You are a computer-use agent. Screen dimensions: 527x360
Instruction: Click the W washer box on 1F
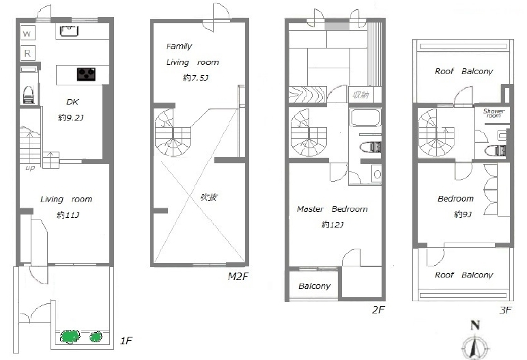point(27,33)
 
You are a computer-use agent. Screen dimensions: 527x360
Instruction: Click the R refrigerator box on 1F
point(27,53)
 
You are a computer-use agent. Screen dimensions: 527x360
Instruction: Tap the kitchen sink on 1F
point(69,31)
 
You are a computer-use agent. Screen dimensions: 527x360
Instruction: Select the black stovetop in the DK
point(86,74)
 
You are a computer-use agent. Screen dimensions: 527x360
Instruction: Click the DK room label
point(72,102)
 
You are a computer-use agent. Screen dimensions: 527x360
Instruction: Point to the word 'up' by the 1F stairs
point(30,167)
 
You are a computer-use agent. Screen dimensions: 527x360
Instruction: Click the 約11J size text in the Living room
point(68,214)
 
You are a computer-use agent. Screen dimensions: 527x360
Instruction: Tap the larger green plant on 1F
point(70,337)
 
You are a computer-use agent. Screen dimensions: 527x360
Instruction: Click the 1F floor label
point(126,341)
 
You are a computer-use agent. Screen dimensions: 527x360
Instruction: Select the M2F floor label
point(238,276)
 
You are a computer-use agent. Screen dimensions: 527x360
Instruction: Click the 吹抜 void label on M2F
point(208,197)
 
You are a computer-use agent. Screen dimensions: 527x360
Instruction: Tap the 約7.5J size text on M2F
point(195,78)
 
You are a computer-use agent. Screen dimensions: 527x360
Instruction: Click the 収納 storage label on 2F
point(360,95)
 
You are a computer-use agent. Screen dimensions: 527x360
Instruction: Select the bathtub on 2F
point(365,117)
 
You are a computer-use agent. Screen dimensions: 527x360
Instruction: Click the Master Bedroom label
point(332,209)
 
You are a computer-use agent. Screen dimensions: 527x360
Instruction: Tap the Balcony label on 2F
point(314,286)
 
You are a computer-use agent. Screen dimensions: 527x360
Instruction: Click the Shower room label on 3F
point(494,113)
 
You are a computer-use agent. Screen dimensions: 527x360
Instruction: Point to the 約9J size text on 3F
point(463,214)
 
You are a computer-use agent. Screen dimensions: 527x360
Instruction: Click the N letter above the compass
point(475,325)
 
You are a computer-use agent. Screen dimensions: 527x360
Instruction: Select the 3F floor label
point(505,310)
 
